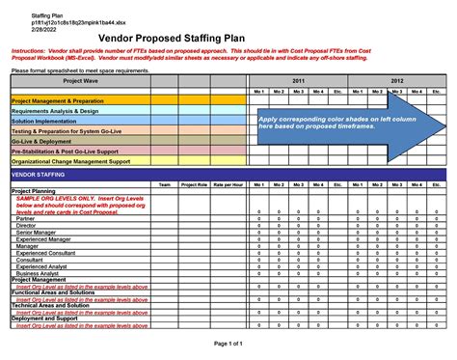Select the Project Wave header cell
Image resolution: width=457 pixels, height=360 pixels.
click(80, 81)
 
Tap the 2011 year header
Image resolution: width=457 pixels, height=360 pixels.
click(297, 81)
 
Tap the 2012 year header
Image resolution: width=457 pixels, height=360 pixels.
click(395, 81)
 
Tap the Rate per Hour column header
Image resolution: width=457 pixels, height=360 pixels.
click(228, 184)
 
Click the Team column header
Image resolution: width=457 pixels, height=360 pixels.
click(165, 184)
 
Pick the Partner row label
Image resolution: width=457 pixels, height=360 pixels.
click(25, 219)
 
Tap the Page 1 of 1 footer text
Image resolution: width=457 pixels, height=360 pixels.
click(228, 343)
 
